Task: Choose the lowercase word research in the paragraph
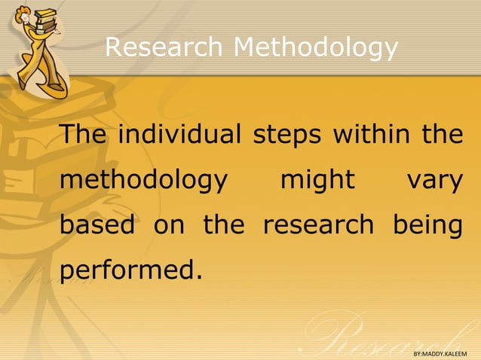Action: point(317,225)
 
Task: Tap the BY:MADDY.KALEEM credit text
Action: point(440,353)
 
